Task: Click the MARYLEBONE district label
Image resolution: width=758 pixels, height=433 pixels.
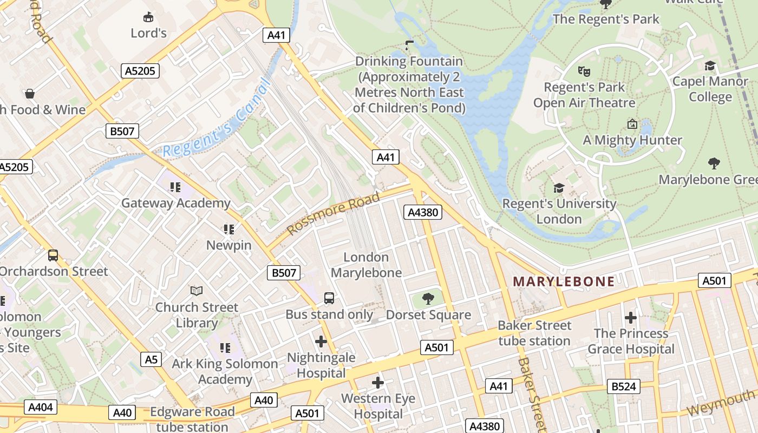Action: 564,281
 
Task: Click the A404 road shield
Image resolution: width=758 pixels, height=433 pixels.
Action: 41,406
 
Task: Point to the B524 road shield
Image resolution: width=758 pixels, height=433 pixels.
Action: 624,386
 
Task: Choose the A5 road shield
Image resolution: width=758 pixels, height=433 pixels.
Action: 151,359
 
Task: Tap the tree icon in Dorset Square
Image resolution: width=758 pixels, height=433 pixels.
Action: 428,298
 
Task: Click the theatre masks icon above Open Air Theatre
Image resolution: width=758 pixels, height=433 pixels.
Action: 584,71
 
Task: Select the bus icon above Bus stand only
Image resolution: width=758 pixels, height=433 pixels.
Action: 329,298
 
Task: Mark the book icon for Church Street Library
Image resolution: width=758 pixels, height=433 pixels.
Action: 197,291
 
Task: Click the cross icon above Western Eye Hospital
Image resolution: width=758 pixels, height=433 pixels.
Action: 378,383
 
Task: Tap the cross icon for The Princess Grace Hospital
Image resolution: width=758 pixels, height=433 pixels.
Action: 630,317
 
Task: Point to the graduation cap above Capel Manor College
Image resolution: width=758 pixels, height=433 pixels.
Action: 709,66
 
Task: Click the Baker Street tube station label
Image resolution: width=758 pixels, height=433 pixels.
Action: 534,333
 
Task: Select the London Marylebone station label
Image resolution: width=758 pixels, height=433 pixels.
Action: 366,265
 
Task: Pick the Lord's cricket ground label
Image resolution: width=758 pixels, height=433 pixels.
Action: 148,33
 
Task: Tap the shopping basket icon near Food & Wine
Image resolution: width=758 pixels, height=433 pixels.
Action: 30,94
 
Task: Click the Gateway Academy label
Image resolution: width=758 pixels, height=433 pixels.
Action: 175,203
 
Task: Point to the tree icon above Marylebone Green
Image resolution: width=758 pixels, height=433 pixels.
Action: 714,163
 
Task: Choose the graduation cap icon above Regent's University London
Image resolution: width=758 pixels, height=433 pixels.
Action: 559,188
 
